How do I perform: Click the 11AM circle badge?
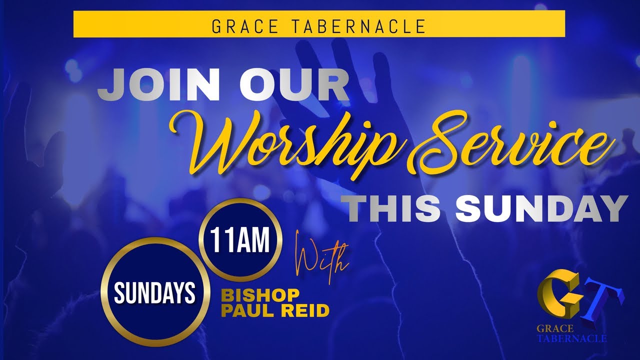point(240,241)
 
